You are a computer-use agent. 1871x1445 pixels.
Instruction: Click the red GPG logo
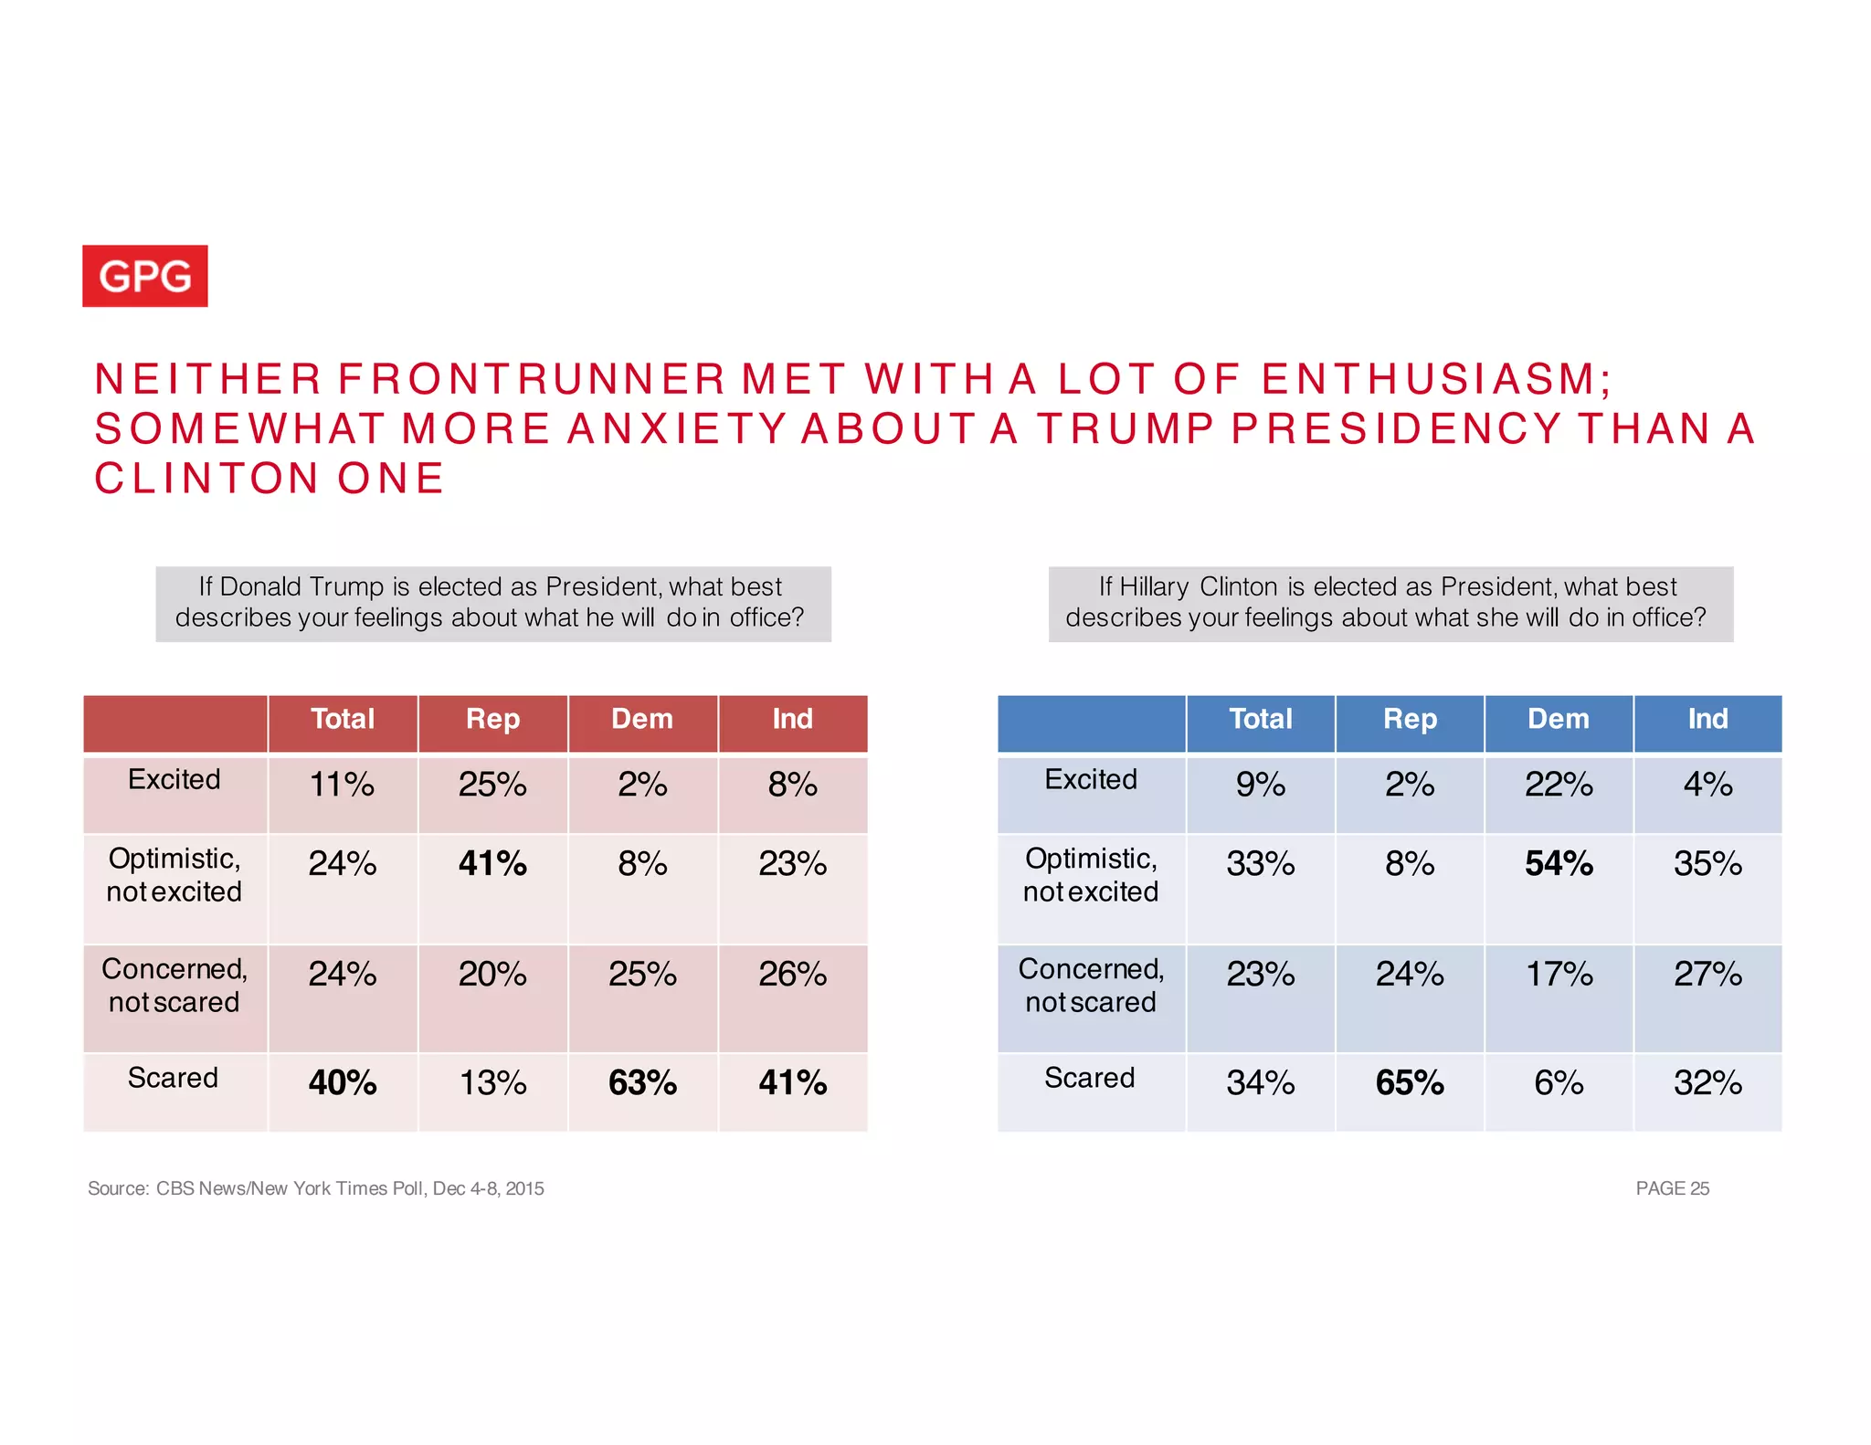145,276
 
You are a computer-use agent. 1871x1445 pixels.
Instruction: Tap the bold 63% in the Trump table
642,1083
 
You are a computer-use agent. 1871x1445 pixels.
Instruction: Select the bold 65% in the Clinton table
1410,1083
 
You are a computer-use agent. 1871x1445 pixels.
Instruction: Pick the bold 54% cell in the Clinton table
1559,864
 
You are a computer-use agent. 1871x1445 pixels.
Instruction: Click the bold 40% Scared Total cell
343,1083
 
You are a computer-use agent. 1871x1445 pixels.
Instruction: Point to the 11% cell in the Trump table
342,785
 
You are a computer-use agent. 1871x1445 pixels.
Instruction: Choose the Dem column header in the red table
642,719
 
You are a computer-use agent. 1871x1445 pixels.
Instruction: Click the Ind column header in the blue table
1707,719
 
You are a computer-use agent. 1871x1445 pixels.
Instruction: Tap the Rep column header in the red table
492,719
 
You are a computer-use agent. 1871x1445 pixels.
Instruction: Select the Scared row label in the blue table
1090,1078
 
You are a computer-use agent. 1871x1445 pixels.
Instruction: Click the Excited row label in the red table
174,779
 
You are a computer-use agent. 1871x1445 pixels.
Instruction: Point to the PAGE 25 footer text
1672,1188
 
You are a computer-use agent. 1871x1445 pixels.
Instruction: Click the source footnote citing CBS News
316,1188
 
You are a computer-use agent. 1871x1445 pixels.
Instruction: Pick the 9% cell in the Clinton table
1260,785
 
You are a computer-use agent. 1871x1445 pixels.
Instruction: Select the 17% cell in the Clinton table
1559,975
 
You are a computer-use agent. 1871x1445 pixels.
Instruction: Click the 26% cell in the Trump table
792,975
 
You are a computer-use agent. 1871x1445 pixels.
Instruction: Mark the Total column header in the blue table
1261,719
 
